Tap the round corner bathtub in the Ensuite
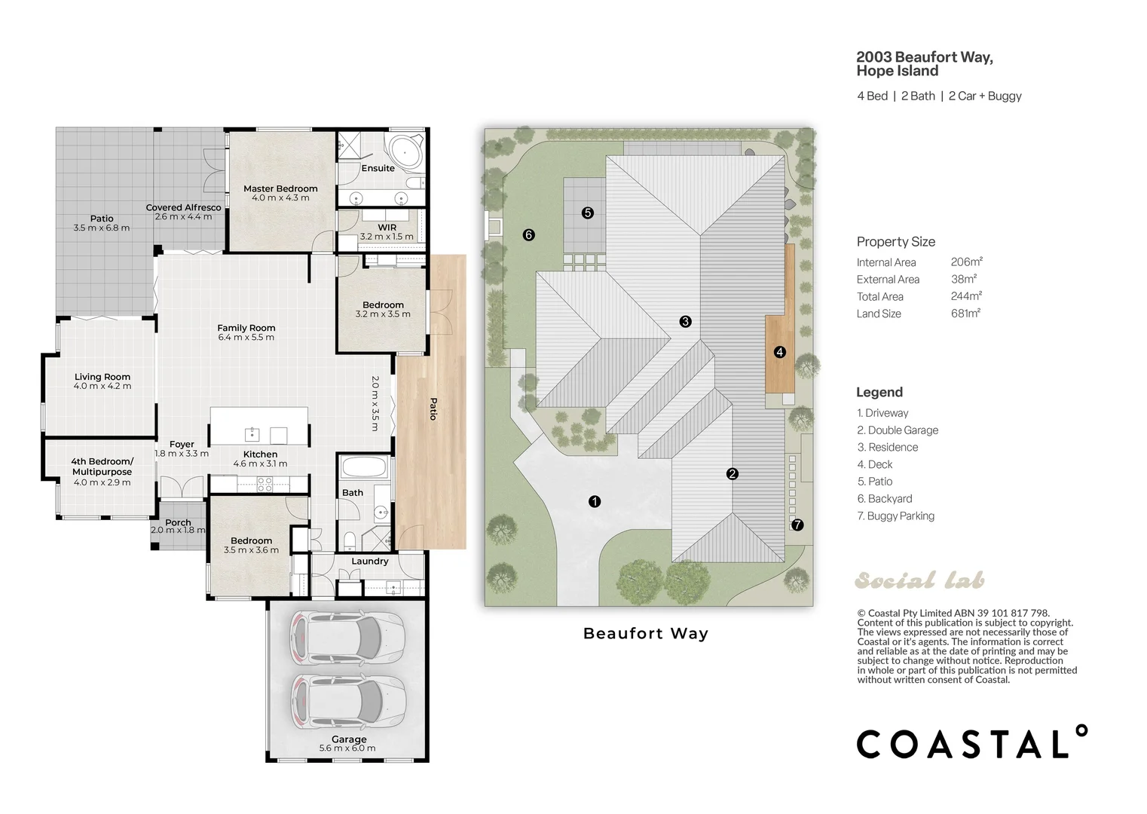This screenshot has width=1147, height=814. (405, 151)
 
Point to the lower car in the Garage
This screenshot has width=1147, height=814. (348, 701)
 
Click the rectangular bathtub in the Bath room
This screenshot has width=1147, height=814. (364, 467)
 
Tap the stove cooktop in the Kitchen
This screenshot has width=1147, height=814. (265, 484)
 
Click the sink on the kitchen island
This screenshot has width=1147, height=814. (252, 434)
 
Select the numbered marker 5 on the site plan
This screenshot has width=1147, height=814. (587, 213)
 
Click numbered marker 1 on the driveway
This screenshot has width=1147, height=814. (594, 501)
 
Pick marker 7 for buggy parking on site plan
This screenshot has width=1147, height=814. (797, 525)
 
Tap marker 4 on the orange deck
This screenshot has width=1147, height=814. (779, 352)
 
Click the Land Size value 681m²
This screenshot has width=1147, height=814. (965, 313)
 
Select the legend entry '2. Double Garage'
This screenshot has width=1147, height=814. (898, 430)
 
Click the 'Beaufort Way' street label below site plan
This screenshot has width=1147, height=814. (646, 634)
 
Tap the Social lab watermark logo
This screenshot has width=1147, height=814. (919, 580)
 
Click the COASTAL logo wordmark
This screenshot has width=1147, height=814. (972, 742)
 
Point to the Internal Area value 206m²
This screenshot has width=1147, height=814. (967, 262)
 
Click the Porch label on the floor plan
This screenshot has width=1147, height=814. (178, 522)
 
